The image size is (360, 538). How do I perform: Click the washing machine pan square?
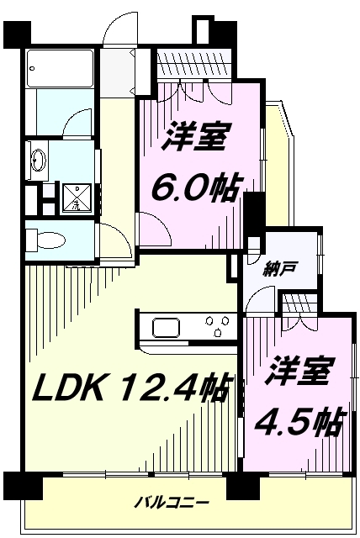pyautogui.click(x=75, y=198)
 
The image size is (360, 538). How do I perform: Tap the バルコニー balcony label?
pyautogui.click(x=172, y=503)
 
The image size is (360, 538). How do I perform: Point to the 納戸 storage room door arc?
pyautogui.click(x=262, y=298)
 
